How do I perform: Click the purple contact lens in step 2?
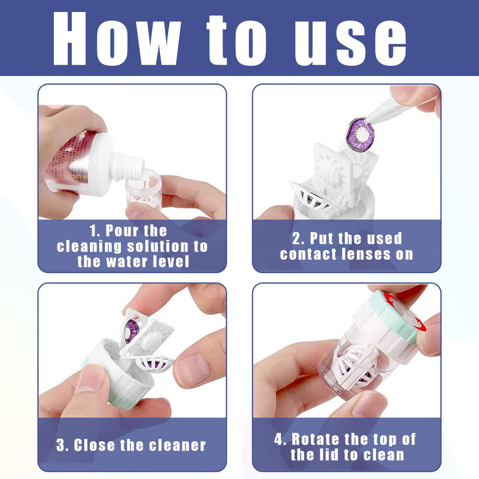click(358, 132)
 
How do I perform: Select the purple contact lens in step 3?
click(132, 329)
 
